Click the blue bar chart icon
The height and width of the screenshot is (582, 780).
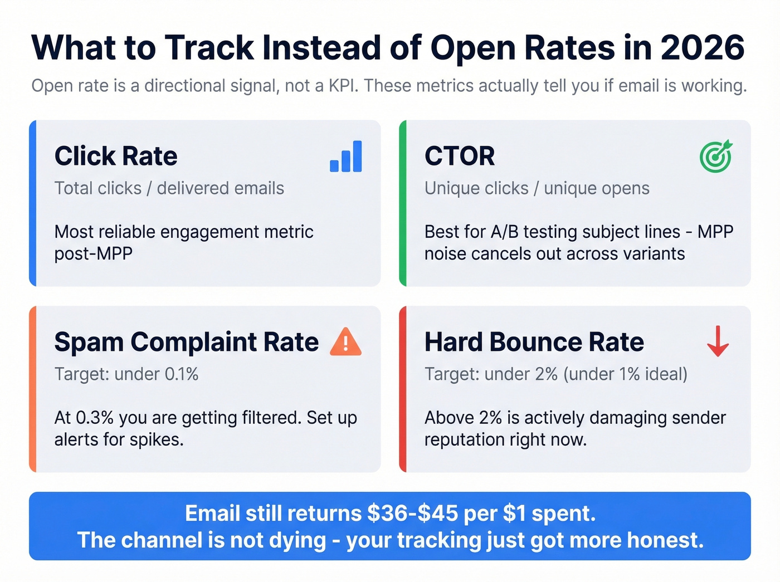pyautogui.click(x=346, y=156)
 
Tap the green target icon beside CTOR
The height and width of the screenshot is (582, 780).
pyautogui.click(x=716, y=156)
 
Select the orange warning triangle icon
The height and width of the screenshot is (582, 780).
pyautogui.click(x=345, y=342)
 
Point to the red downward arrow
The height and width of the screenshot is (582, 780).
pyautogui.click(x=718, y=341)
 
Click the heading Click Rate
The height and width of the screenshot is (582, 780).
pyautogui.click(x=116, y=156)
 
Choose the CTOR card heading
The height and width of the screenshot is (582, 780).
pyautogui.click(x=460, y=156)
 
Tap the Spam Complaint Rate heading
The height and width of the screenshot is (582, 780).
pyautogui.click(x=187, y=342)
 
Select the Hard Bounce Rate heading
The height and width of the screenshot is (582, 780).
pyautogui.click(x=534, y=342)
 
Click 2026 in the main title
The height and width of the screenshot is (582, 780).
pyautogui.click(x=703, y=48)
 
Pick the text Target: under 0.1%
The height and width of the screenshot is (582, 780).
pyautogui.click(x=126, y=374)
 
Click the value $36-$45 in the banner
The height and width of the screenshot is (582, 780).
pyautogui.click(x=412, y=513)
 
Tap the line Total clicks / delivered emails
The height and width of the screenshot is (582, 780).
pyautogui.click(x=169, y=188)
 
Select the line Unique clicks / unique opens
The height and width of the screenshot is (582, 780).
pyautogui.click(x=537, y=188)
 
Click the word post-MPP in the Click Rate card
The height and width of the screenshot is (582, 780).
pyautogui.click(x=94, y=254)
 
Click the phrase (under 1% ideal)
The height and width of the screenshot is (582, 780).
pyautogui.click(x=625, y=374)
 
